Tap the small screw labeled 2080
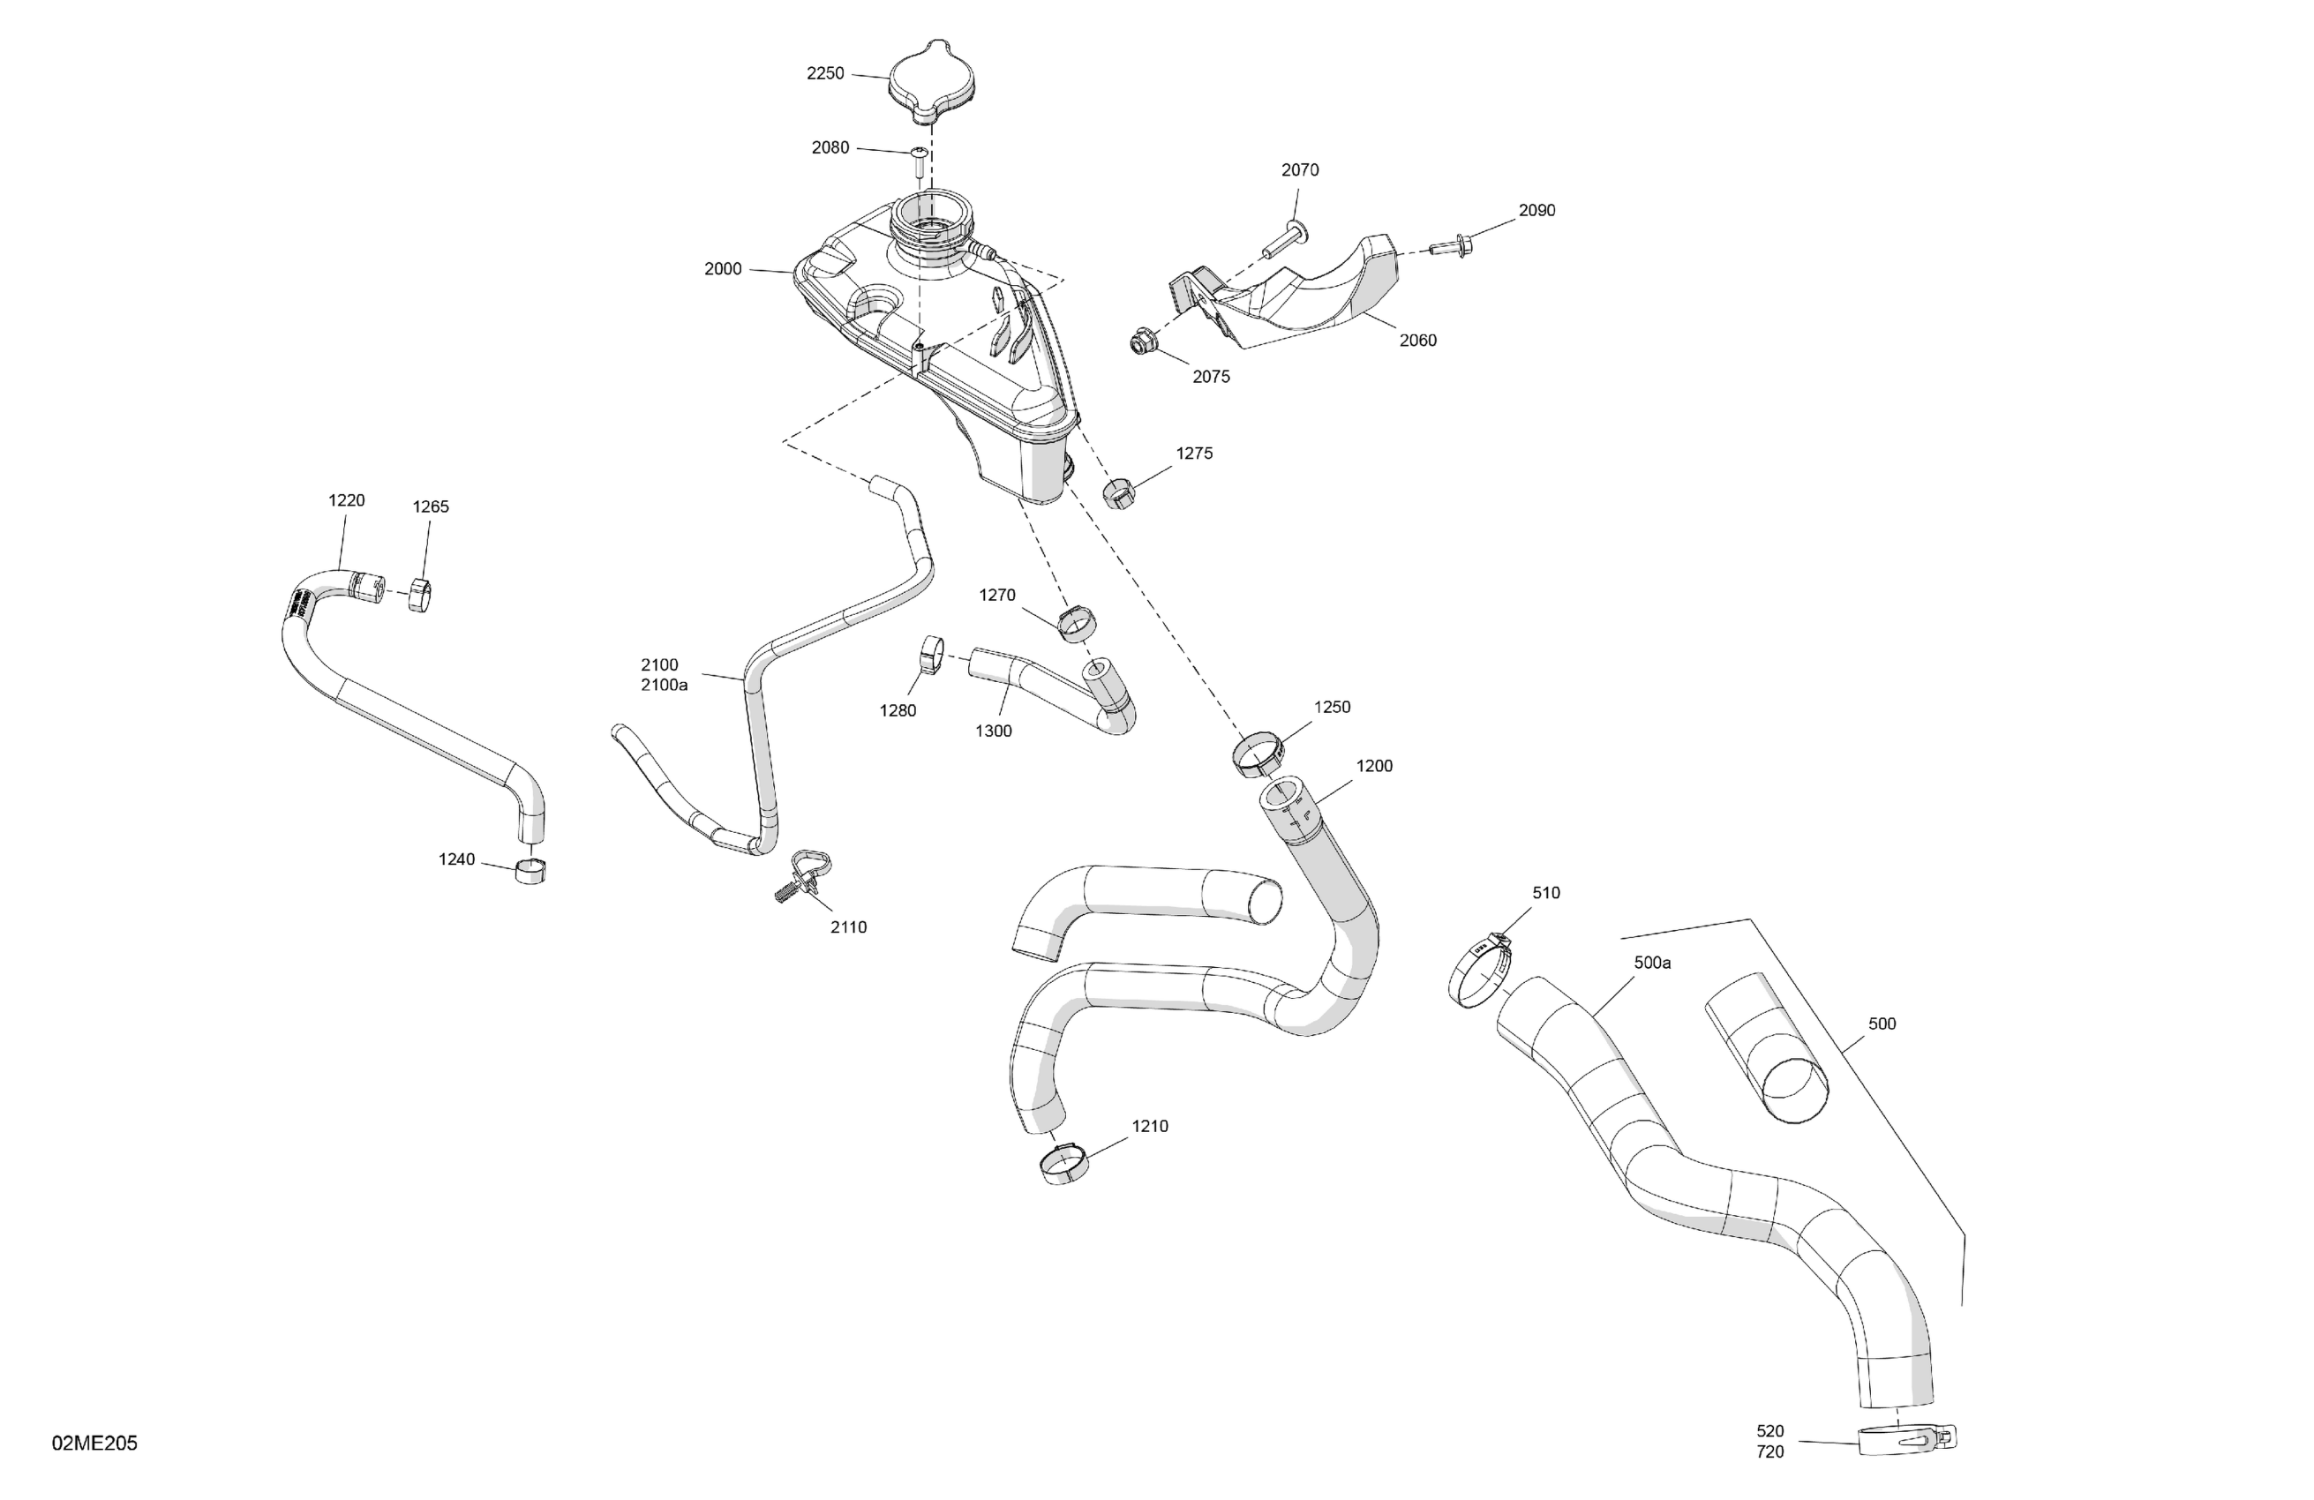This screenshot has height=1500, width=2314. [919, 161]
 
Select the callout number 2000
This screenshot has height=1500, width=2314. [723, 269]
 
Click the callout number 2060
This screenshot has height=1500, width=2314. [1417, 341]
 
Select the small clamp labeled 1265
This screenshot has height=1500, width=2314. [420, 595]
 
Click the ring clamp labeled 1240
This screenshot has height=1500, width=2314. [530, 871]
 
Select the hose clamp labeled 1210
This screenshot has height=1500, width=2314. [1064, 1164]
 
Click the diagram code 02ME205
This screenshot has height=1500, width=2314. [94, 1443]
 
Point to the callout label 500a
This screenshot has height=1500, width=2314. [1652, 963]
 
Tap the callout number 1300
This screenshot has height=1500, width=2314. [994, 731]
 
